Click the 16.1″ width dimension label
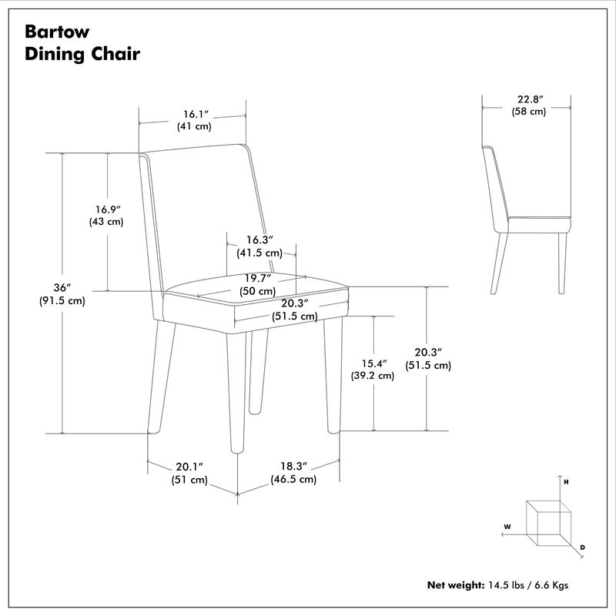tap(194, 114)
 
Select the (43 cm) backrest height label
tap(106, 222)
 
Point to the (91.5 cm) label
tap(62, 301)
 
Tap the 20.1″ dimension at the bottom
tap(189, 467)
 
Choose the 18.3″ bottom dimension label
tap(293, 467)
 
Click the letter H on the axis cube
tap(566, 481)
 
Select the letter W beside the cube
tap(507, 527)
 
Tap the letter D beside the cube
tap(583, 547)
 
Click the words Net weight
tap(454, 585)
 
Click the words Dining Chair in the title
tap(82, 55)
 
